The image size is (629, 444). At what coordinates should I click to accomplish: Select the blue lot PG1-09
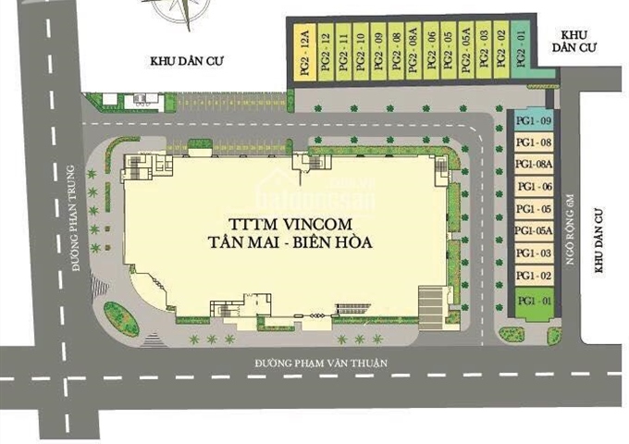[x=534, y=121]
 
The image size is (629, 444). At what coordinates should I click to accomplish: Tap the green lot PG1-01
[x=534, y=302]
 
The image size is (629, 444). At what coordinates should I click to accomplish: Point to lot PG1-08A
[x=534, y=164]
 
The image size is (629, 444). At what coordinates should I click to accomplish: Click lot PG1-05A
[x=534, y=230]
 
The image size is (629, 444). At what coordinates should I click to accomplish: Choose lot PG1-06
[x=534, y=186]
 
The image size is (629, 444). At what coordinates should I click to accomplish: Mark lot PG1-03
[x=534, y=253]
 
